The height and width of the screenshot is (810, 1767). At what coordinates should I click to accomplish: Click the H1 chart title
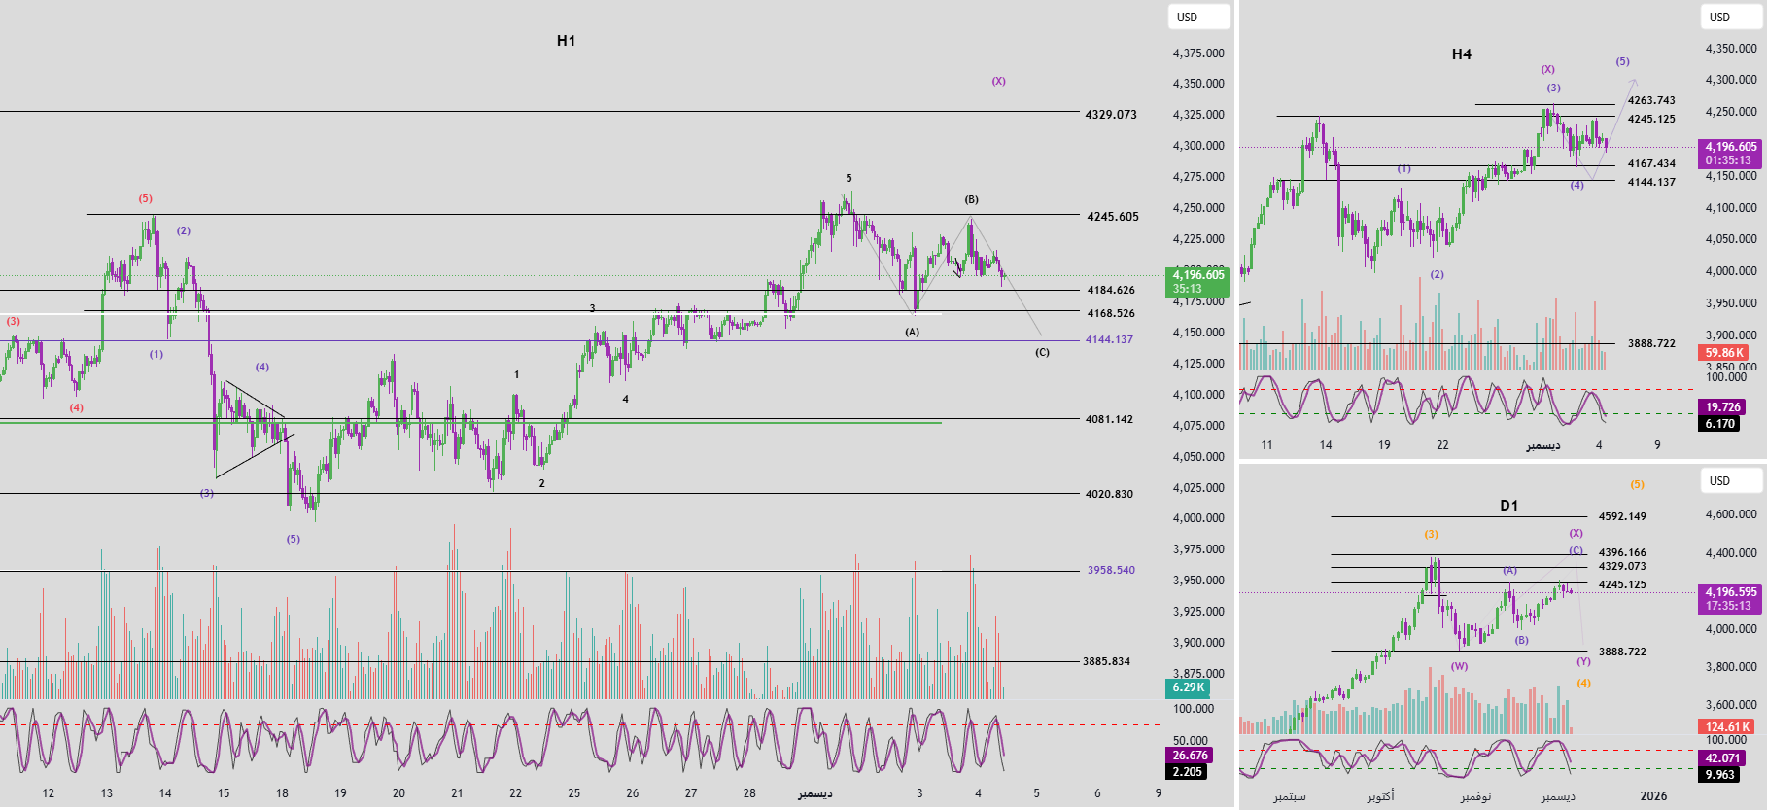click(x=566, y=41)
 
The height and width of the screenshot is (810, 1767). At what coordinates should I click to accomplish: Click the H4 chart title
click(x=1461, y=54)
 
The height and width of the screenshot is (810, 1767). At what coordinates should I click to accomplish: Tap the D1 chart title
click(x=1508, y=506)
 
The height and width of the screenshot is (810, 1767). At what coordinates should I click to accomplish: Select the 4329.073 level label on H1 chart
click(x=1111, y=115)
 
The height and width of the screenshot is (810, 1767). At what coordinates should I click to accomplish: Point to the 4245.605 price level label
click(x=1112, y=217)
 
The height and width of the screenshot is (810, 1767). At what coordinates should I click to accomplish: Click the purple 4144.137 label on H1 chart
click(x=1109, y=340)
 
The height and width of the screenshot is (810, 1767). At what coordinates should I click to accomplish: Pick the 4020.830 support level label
click(x=1109, y=494)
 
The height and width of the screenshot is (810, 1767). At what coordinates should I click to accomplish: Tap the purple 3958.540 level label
click(x=1111, y=571)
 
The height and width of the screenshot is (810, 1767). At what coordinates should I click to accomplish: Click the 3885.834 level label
click(x=1106, y=662)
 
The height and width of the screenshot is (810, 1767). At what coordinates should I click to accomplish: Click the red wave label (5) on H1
click(x=145, y=199)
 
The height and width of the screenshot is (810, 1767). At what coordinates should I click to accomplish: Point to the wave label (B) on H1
click(x=971, y=200)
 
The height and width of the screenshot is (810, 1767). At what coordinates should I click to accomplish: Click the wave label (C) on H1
click(x=1042, y=353)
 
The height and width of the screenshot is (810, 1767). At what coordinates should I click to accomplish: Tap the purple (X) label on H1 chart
click(x=998, y=82)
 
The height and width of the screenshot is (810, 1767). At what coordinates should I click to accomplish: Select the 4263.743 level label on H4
click(x=1651, y=101)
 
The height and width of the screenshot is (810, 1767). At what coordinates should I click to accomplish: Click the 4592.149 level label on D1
click(x=1622, y=517)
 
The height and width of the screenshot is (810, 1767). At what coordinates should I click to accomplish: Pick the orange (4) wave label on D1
click(x=1583, y=684)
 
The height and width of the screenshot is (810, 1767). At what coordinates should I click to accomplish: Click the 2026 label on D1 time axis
click(x=1653, y=796)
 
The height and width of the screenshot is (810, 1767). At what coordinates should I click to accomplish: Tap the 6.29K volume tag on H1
click(x=1188, y=687)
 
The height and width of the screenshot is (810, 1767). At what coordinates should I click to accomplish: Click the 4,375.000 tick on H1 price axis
click(x=1198, y=53)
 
